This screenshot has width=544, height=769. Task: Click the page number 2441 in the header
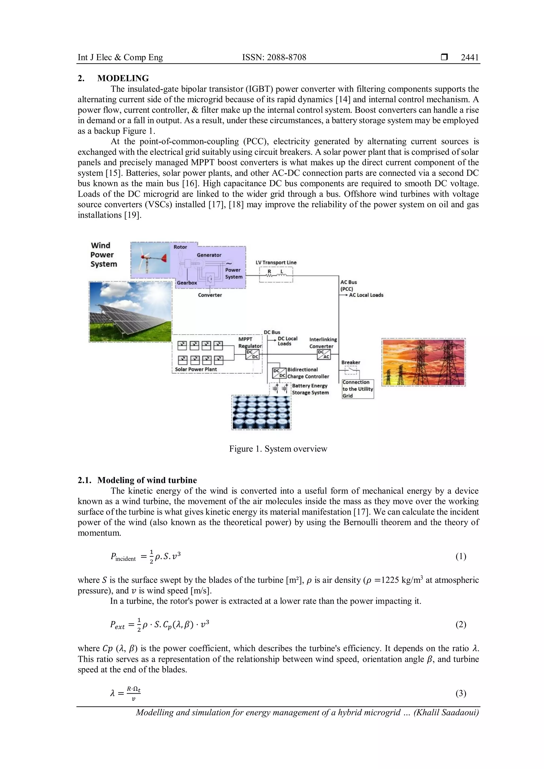pyautogui.click(x=470, y=57)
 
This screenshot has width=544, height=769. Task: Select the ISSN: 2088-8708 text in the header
pyautogui.click(x=274, y=57)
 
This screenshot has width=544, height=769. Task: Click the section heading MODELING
pyautogui.click(x=123, y=78)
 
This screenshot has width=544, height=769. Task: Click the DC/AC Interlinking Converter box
pyautogui.click(x=324, y=354)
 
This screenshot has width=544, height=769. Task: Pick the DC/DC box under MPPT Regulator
pyautogui.click(x=252, y=354)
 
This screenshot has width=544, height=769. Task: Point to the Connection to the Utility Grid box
pyautogui.click(x=358, y=389)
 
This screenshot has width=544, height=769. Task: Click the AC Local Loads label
pyautogui.click(x=366, y=295)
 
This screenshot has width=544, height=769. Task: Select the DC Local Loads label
pyautogui.click(x=287, y=341)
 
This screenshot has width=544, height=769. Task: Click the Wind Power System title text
pyautogui.click(x=104, y=255)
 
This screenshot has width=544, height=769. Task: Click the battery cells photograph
pyautogui.click(x=261, y=412)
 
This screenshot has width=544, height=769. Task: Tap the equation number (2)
pyautogui.click(x=461, y=624)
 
